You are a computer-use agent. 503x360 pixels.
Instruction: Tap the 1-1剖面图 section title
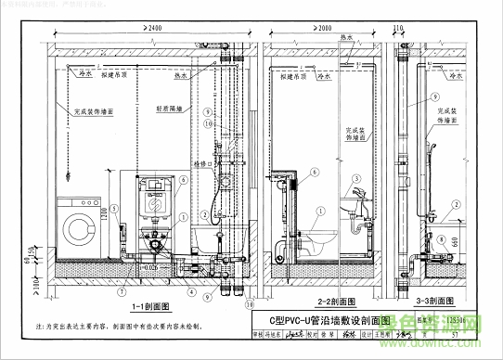tap(148, 304)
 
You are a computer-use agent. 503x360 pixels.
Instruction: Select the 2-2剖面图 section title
tap(339, 302)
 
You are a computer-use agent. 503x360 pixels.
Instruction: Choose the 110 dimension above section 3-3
tap(399, 29)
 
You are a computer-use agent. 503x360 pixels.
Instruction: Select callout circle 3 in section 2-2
tap(356, 178)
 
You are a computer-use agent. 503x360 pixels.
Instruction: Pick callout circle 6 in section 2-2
tap(315, 173)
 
